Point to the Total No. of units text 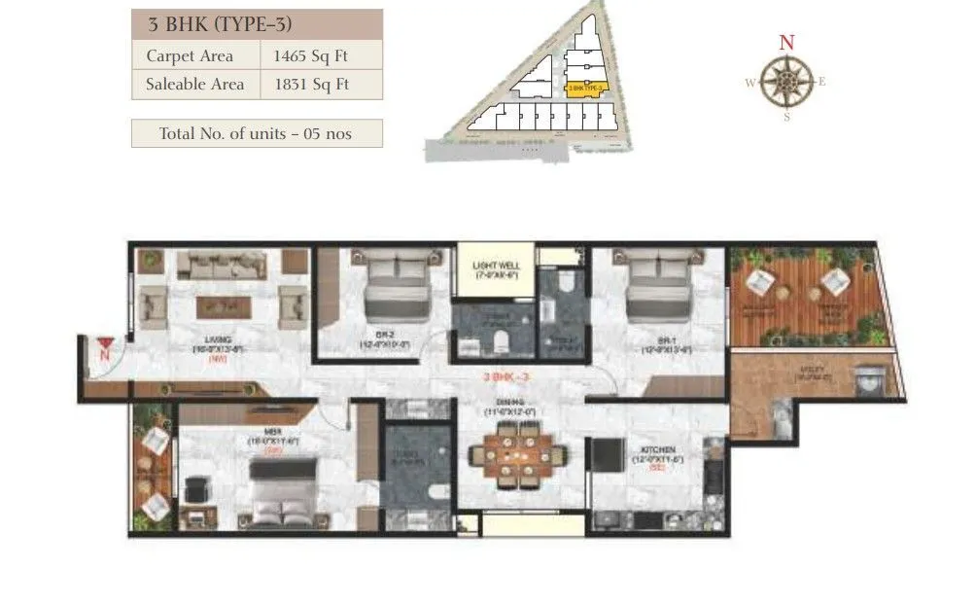(257, 133)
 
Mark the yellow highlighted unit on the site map (586, 88)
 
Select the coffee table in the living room (224, 305)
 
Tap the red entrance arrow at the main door (104, 343)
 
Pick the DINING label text (513, 402)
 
